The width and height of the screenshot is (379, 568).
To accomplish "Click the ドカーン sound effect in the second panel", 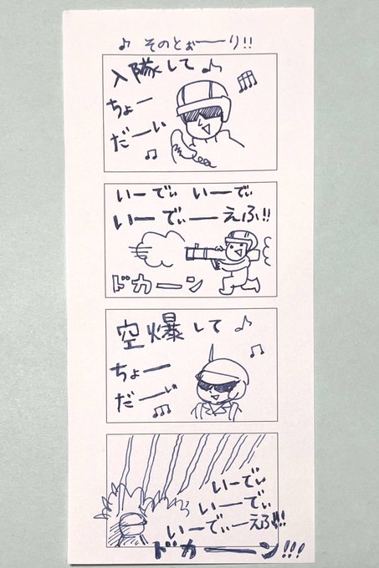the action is (x=156, y=284).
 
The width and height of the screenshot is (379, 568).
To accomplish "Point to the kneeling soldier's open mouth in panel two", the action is (x=238, y=250).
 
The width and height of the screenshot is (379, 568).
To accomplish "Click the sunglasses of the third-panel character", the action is (x=217, y=386).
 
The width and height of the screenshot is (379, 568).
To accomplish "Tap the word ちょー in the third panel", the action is (x=140, y=372).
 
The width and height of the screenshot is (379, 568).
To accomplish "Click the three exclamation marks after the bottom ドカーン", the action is (x=292, y=550).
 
